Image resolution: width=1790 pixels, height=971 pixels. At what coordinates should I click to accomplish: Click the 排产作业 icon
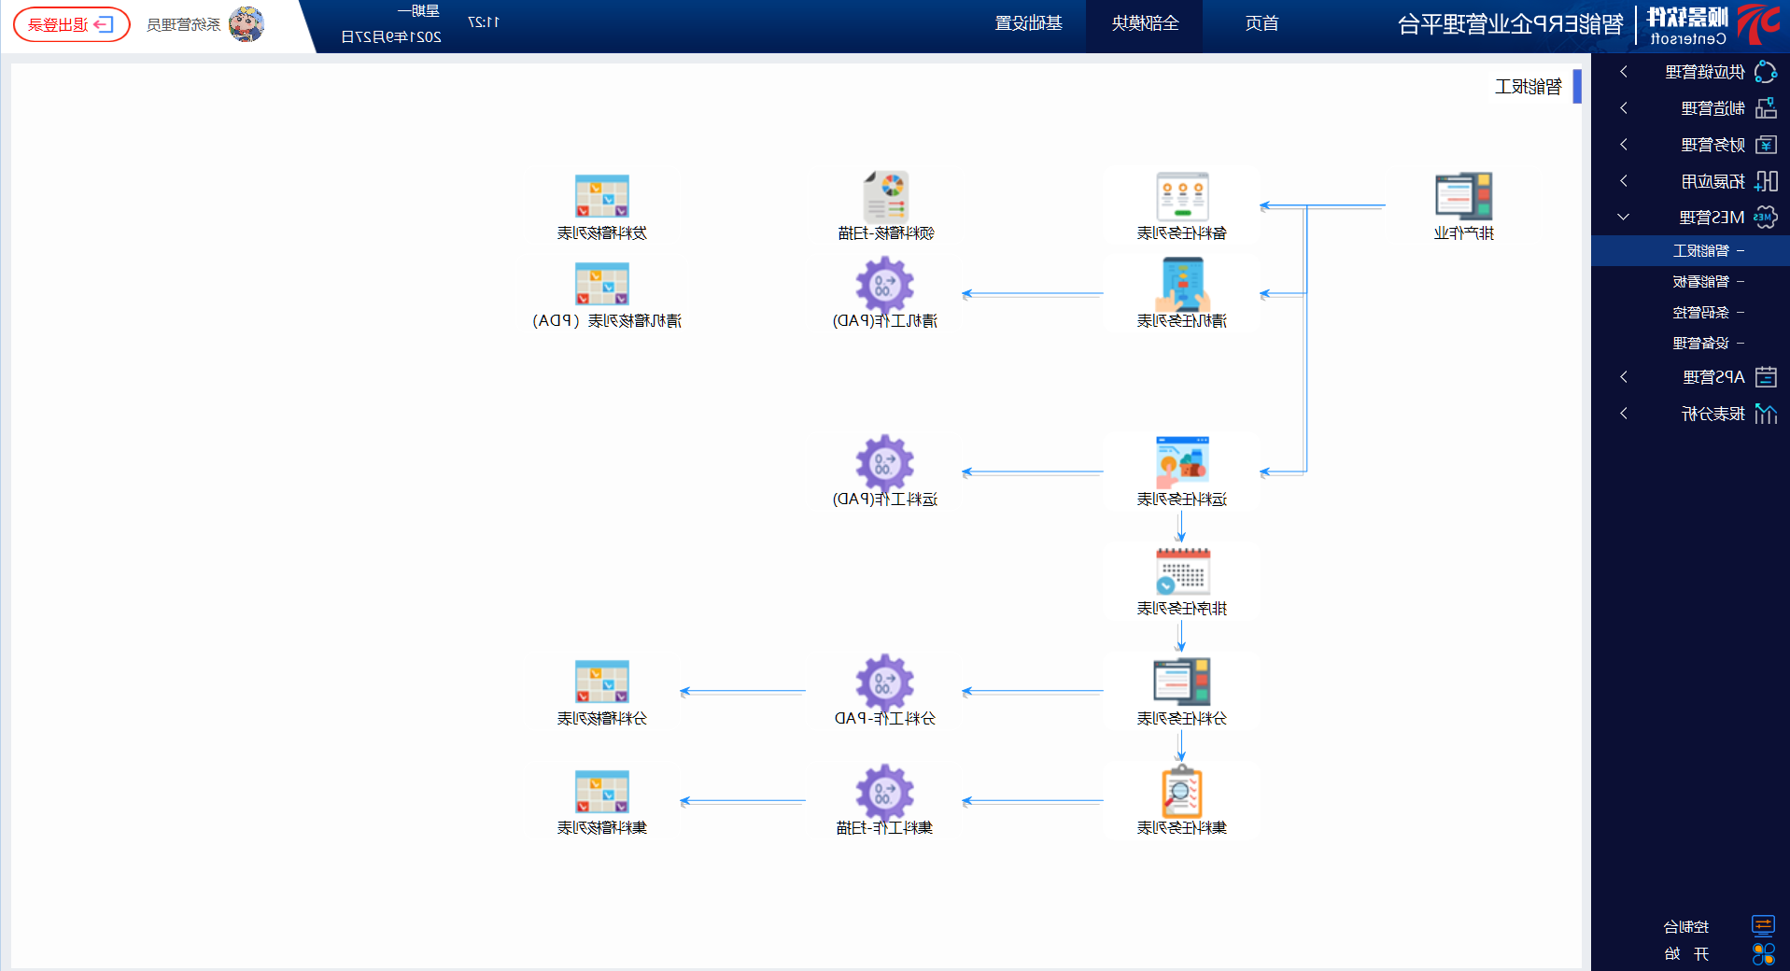[1463, 196]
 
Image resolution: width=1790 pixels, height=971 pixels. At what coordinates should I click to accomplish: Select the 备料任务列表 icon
[1182, 196]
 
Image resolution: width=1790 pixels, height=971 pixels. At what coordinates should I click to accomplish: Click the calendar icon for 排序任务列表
[1182, 571]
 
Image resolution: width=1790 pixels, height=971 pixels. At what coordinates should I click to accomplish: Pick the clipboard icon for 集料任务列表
[1182, 792]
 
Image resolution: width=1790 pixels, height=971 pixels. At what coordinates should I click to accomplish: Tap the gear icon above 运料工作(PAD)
[884, 462]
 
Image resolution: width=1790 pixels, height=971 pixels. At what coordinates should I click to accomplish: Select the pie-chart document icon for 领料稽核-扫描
[885, 196]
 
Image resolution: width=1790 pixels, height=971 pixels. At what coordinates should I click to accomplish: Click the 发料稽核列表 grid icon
[602, 196]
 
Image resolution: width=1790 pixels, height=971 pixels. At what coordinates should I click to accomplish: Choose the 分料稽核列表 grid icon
[602, 682]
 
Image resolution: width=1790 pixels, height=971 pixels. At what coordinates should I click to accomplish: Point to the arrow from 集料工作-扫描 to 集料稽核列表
[742, 801]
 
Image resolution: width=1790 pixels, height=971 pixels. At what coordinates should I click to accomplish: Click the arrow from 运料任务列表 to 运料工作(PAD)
[1032, 472]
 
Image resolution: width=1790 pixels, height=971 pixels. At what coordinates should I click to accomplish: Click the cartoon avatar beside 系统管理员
[247, 24]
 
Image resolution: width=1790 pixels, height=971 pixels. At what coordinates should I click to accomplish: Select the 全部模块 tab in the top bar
[1145, 23]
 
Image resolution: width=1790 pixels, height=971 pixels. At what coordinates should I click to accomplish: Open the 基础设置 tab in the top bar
[1028, 23]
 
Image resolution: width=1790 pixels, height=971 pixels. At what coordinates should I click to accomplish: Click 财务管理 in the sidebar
[1712, 145]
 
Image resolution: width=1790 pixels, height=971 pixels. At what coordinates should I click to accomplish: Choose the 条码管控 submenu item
[1700, 312]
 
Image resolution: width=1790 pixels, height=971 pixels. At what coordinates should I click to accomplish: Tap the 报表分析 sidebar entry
[1712, 414]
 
